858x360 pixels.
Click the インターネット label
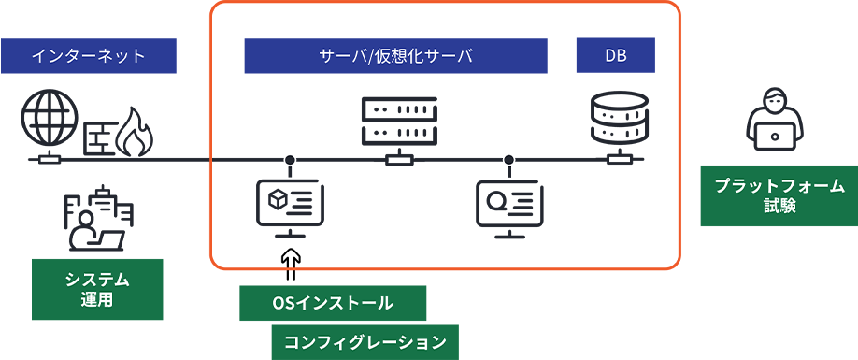88,56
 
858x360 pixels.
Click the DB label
615,56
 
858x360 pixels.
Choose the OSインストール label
332,303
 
